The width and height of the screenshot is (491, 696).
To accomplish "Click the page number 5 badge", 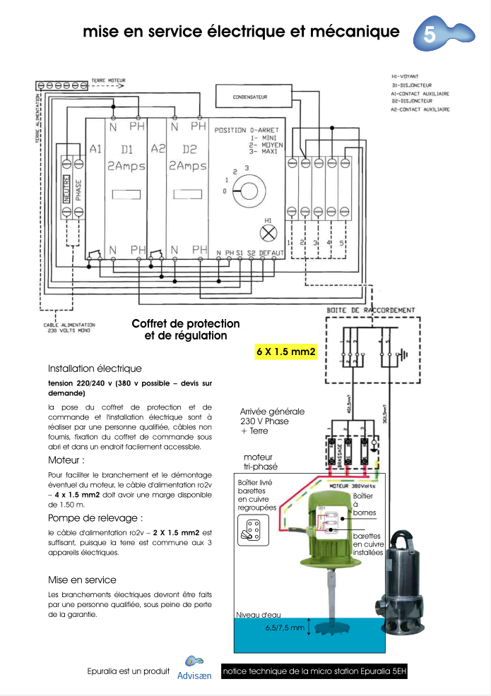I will (x=430, y=33).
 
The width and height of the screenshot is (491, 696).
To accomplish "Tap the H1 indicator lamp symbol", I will (x=268, y=233).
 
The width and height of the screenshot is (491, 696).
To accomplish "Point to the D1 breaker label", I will (x=127, y=150).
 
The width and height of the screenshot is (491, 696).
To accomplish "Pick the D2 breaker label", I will (x=189, y=150).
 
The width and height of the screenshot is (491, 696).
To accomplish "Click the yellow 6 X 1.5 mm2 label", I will (x=285, y=351).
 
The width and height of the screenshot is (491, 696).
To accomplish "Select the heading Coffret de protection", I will (x=186, y=323).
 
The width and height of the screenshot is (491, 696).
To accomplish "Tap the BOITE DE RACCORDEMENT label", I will (x=371, y=310).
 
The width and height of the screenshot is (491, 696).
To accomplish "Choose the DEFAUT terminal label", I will (x=271, y=252).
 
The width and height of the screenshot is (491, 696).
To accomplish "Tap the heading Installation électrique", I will (x=95, y=368).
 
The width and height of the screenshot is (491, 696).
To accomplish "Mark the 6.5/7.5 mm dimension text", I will (x=285, y=627).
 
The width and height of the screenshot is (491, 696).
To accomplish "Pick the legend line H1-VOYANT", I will (x=405, y=76).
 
